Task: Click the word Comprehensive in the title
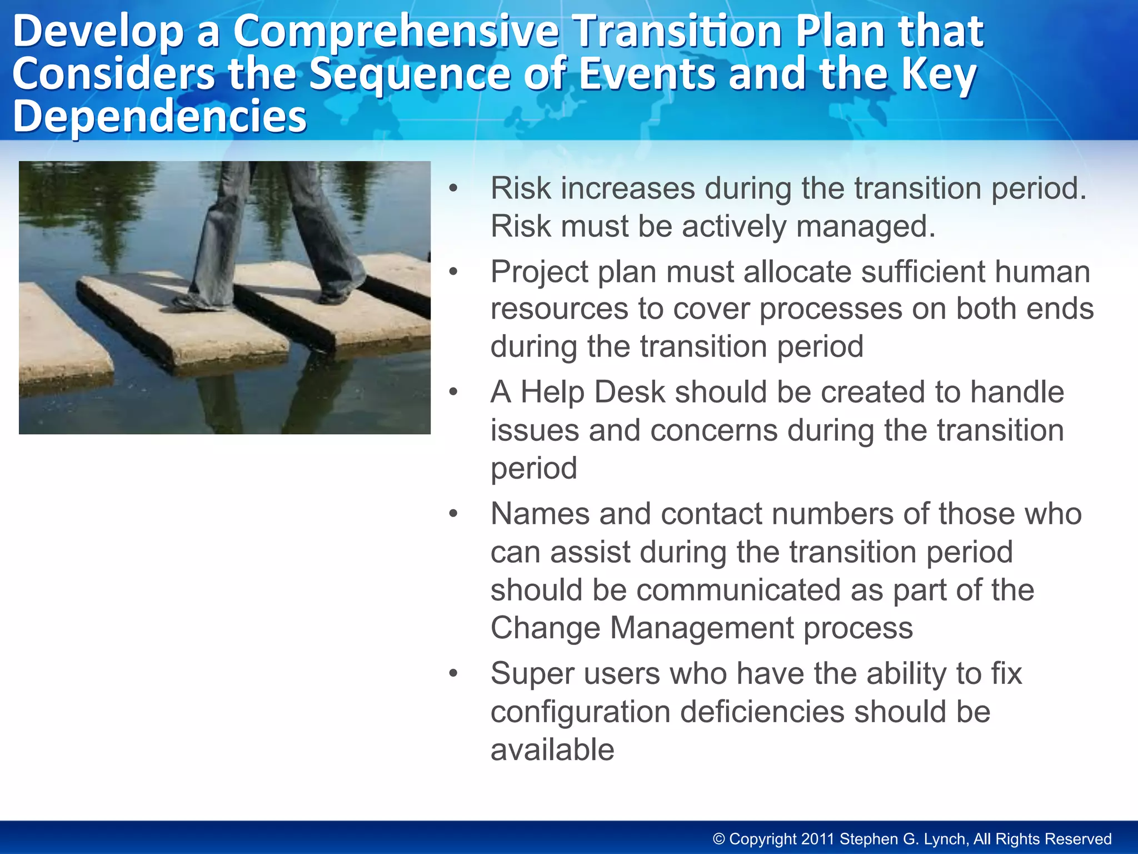click(395, 32)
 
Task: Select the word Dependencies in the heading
click(159, 116)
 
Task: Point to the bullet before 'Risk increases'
click(453, 188)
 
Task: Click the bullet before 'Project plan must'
click(453, 272)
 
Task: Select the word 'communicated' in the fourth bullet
click(738, 590)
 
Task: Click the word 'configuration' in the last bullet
click(580, 712)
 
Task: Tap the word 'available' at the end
click(552, 750)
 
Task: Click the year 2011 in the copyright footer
click(817, 839)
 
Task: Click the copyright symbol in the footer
click(719, 839)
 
